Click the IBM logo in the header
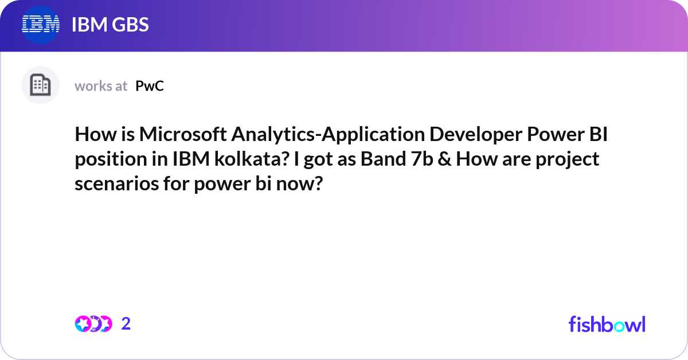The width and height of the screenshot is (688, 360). coord(41,25)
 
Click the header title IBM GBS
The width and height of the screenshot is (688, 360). coord(110,25)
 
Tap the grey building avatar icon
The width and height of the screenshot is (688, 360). coord(40,85)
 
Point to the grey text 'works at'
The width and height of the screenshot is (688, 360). coord(101,86)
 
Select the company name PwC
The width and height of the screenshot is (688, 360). coord(150,86)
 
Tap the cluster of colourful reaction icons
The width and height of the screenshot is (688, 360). coord(93,324)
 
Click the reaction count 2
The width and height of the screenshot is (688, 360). coord(126,324)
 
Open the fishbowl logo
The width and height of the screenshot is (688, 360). coord(607,324)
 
